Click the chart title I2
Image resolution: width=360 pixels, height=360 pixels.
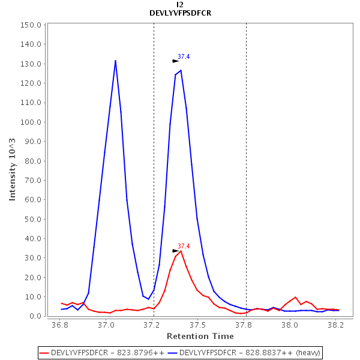tap(180, 4)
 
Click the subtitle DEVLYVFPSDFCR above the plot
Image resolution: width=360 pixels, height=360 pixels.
tap(180, 13)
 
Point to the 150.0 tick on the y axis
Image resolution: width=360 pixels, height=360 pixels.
tap(30, 25)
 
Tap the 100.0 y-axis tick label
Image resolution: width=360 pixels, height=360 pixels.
tap(30, 122)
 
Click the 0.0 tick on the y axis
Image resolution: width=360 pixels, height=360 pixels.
tap(34, 316)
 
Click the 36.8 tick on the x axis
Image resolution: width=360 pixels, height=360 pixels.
tap(59, 325)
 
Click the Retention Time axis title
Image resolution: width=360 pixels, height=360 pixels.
tap(196, 336)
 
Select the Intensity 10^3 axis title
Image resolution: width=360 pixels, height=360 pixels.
tap(13, 169)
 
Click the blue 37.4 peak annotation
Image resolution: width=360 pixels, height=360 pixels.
tap(184, 57)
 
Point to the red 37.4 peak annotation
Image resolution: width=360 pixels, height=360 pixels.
tap(184, 247)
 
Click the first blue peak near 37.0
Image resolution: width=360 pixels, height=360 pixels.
tap(115, 61)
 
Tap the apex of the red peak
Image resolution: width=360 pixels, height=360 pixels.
tap(181, 251)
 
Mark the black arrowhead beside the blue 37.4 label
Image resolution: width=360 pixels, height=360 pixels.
tap(175, 61)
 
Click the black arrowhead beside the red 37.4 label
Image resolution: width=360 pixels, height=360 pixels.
tap(175, 251)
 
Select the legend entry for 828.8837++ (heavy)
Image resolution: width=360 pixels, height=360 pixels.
tap(244, 352)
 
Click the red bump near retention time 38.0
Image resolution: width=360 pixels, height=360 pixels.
tap(295, 297)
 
